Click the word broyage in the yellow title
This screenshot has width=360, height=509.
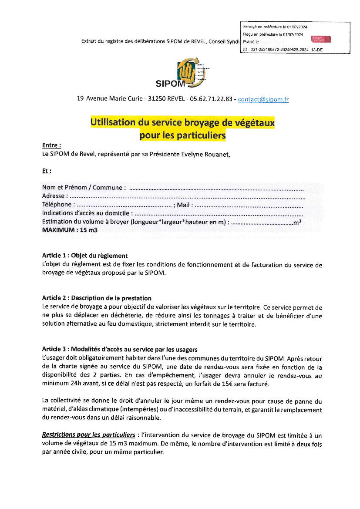195,123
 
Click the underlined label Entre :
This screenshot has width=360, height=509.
51,145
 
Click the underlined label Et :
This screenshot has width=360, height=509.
47,171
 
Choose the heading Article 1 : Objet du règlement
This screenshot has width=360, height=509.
84,256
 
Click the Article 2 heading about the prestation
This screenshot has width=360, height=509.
97,298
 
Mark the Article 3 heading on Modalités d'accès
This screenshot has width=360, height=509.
119,349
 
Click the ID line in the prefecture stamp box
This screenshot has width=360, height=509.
283,50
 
